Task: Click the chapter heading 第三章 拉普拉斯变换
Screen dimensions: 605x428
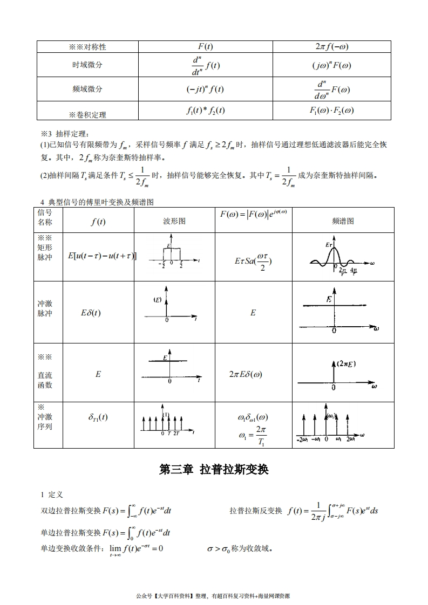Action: (x=214, y=470)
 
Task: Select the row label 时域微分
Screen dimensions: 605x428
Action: (x=87, y=65)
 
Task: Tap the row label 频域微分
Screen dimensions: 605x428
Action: (x=87, y=89)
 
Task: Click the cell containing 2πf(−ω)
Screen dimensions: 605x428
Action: (x=331, y=46)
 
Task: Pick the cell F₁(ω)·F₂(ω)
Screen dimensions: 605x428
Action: (x=331, y=111)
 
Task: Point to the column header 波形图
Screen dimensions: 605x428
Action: (x=174, y=221)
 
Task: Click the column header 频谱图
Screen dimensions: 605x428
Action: (x=343, y=221)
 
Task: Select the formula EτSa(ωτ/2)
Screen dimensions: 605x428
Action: (x=253, y=262)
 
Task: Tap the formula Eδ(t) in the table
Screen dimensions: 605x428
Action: (x=91, y=313)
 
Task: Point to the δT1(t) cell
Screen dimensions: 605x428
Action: (x=98, y=417)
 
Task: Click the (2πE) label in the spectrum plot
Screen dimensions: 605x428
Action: (x=346, y=364)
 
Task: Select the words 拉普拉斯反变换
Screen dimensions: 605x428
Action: (x=255, y=511)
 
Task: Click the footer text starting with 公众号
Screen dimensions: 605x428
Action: (x=214, y=596)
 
